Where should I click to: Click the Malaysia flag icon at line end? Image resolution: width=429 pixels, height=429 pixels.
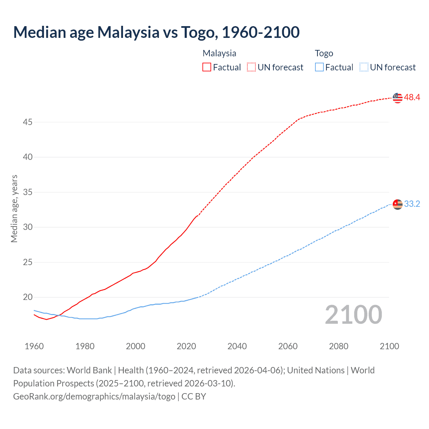(397, 98)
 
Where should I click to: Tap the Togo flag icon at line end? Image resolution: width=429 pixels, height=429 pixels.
(397, 204)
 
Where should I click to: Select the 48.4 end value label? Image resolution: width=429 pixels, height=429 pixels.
(412, 98)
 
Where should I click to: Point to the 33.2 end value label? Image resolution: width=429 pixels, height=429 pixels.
(412, 204)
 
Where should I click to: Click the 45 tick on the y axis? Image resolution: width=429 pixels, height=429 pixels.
(27, 122)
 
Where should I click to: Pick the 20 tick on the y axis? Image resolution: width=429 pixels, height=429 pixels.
(27, 297)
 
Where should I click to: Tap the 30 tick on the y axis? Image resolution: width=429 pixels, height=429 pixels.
(27, 227)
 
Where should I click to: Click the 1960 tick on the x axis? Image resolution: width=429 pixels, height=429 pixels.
(34, 346)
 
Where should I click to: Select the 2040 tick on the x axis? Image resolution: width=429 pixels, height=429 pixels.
(237, 346)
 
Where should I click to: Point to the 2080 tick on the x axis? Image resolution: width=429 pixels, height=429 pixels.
(339, 346)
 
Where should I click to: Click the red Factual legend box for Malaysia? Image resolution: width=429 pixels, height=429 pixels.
(207, 67)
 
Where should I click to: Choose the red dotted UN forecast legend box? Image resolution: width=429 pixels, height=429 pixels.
(251, 67)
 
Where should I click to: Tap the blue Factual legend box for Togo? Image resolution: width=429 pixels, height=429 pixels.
(319, 67)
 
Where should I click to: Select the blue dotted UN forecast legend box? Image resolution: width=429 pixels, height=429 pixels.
(364, 67)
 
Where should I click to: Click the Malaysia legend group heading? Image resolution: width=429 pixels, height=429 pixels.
(219, 53)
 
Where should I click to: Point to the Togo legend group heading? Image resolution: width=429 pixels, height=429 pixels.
(324, 53)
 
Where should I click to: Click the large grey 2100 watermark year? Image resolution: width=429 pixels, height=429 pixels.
(353, 315)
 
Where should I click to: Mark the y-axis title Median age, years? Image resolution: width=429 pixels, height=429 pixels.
(14, 208)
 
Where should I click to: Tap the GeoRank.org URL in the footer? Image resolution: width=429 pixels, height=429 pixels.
(94, 396)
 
